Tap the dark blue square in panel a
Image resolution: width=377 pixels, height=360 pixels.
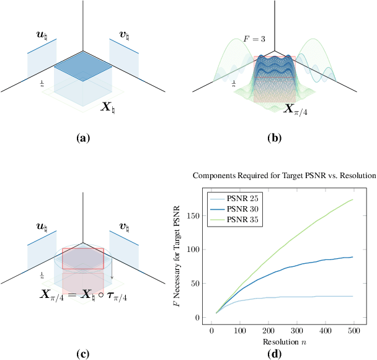tap(82, 70)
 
